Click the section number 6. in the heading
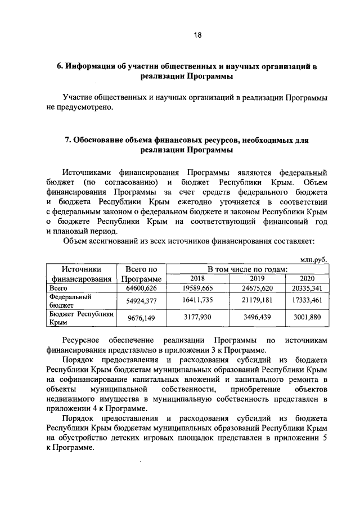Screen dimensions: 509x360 click(x=60, y=67)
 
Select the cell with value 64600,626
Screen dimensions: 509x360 click(x=141, y=288)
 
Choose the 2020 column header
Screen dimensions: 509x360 click(x=307, y=278)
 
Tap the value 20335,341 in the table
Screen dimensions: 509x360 click(x=307, y=288)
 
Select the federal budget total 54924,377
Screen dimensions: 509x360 click(x=141, y=301)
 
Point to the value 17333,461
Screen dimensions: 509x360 click(x=307, y=301)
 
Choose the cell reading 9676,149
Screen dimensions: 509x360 click(x=141, y=318)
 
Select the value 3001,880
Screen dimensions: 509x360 click(x=307, y=318)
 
